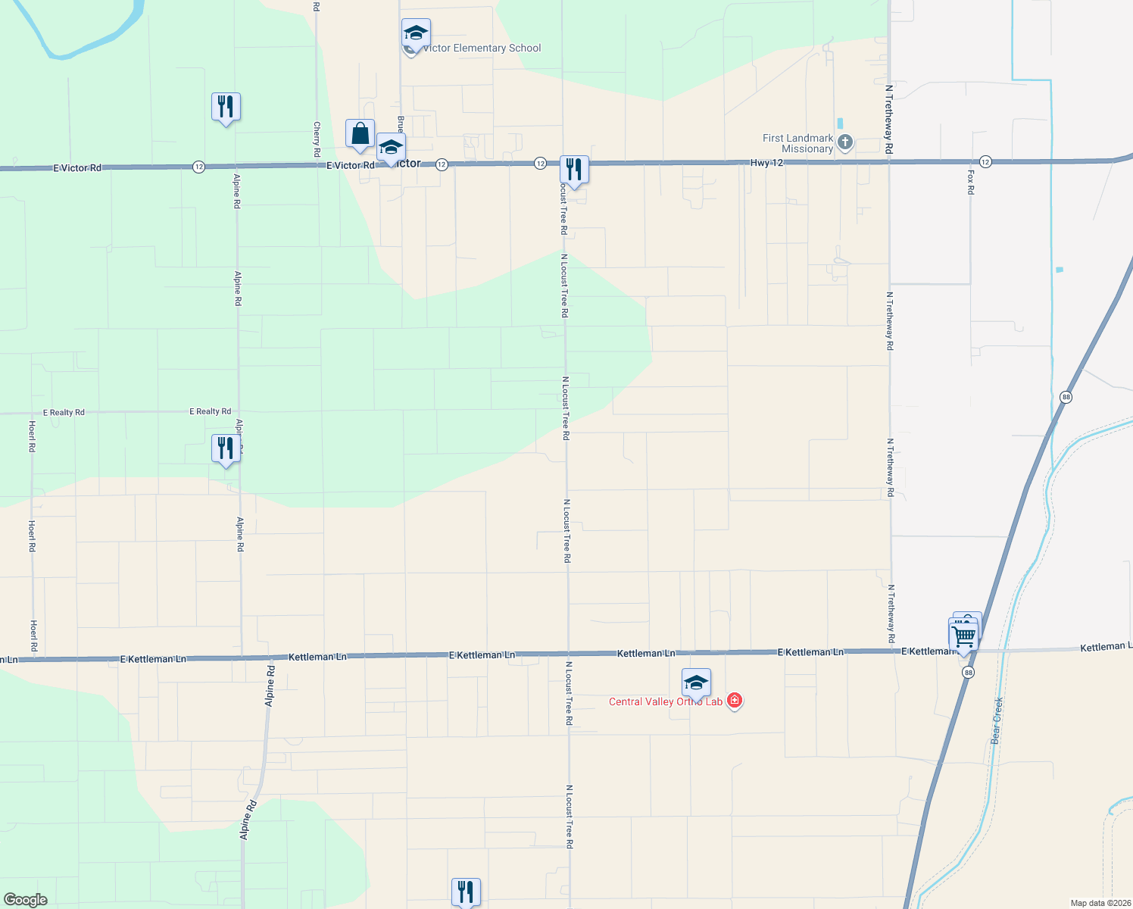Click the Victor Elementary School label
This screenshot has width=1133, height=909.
(482, 48)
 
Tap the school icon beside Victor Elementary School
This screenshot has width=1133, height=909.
(416, 33)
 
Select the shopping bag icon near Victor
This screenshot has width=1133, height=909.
(360, 134)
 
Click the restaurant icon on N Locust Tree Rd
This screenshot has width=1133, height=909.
(574, 169)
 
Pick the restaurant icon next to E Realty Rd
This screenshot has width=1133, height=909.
(226, 448)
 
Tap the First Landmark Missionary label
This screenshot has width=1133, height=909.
(797, 143)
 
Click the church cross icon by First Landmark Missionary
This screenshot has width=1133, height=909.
(845, 142)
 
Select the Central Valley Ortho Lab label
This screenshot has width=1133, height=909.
(666, 702)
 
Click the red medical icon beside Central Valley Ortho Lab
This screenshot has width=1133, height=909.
(734, 700)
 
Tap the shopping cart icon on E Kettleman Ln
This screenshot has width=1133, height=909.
(963, 634)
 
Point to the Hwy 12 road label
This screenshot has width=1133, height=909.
(766, 163)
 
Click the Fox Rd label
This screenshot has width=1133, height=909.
(971, 182)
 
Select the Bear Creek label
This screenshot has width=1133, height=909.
(997, 720)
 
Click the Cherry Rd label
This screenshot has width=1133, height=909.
(317, 140)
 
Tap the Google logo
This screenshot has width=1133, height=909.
(26, 900)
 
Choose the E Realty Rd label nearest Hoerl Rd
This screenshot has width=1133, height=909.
(64, 413)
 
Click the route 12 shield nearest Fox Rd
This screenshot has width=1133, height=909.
(985, 161)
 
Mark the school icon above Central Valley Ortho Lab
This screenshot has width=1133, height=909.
(696, 683)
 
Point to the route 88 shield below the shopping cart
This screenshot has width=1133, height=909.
(969, 673)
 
